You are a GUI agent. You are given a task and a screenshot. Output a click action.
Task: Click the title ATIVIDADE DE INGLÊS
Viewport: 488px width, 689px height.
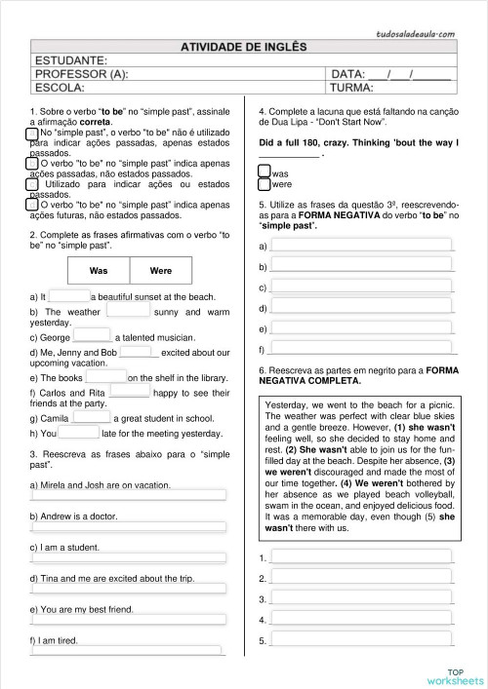tap(243, 45)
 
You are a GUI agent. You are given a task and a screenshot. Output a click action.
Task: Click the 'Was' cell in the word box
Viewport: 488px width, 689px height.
tap(99, 270)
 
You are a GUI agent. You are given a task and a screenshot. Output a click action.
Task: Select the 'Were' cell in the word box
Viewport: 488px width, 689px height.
tap(160, 270)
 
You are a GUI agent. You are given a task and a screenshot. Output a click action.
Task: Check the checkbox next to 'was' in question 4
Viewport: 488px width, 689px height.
tap(264, 172)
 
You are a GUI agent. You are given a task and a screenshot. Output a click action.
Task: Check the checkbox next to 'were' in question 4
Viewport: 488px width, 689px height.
tap(264, 183)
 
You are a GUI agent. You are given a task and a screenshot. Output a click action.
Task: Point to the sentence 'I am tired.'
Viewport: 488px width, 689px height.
tap(54, 640)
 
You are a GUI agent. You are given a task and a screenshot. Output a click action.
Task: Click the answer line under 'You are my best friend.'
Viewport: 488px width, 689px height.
tap(128, 620)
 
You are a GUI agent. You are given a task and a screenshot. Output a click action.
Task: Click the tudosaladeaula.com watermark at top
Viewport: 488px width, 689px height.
tap(417, 34)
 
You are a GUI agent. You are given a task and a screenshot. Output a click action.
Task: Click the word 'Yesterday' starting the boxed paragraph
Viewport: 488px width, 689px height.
tap(287, 404)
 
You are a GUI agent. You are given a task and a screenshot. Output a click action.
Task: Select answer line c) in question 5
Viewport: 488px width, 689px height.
tap(361, 287)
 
